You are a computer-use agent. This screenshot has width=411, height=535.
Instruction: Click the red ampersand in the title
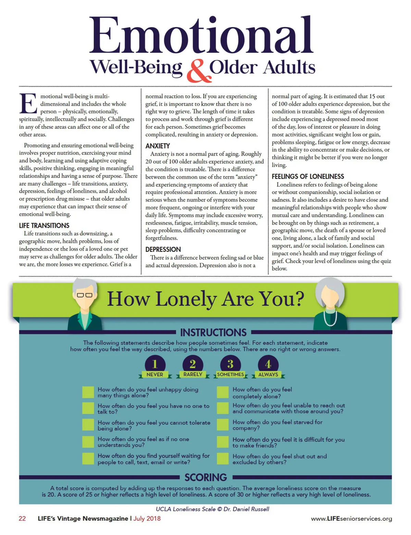pos(198,71)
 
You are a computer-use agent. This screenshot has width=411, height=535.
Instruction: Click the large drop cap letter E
pos(28,103)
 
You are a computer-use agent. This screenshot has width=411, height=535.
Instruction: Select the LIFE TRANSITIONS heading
pos(44,226)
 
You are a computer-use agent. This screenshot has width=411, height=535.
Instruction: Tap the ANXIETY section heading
pos(158,146)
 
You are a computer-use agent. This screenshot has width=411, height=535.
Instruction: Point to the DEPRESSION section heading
pos(163,250)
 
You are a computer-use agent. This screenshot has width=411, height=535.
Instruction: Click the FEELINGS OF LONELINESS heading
pos(308,177)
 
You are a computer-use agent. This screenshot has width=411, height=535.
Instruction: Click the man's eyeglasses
pos(85,295)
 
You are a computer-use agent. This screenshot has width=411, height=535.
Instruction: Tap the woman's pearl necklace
pos(330,318)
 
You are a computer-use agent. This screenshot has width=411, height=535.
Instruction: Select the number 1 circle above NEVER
pos(155,364)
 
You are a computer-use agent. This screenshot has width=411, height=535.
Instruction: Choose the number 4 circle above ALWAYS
pos(268,364)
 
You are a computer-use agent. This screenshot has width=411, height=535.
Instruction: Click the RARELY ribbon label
pos(193,374)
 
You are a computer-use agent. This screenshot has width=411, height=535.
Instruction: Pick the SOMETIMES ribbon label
pos(231,374)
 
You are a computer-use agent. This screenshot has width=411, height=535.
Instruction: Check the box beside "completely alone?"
pos(223,392)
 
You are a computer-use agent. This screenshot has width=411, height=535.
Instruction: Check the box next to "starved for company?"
pos(223,425)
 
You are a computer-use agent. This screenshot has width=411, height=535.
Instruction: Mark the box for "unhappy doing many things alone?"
pos(88,392)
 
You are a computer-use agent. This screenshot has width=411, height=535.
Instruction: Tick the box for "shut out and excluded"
pos(223,459)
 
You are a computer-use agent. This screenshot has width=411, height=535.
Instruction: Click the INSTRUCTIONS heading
pos(213,332)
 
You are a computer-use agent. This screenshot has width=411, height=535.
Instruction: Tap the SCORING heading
pos(206,477)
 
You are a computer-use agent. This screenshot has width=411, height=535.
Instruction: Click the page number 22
pos(22,519)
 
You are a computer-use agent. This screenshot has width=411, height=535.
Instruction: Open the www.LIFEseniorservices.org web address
pos(351,519)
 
